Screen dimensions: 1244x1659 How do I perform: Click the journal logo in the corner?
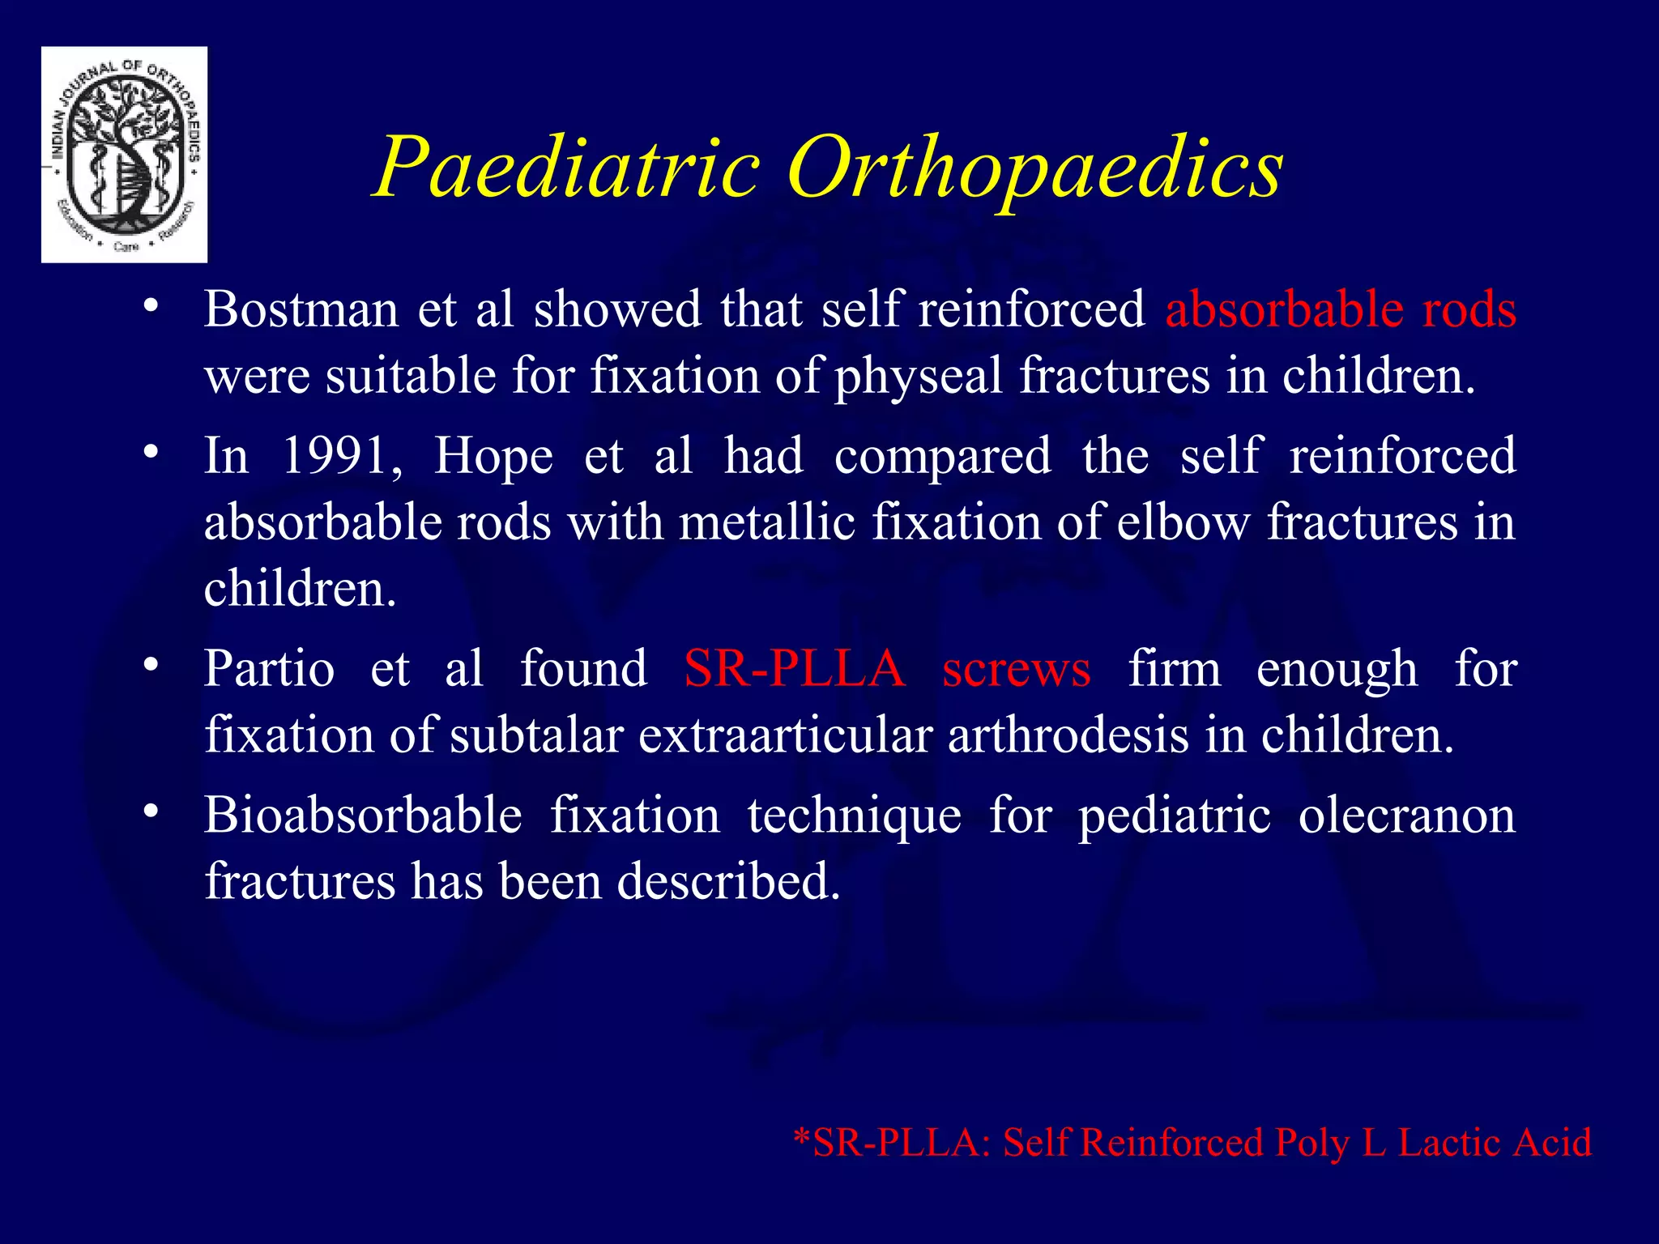[x=124, y=155]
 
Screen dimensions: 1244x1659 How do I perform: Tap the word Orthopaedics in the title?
[x=1034, y=168]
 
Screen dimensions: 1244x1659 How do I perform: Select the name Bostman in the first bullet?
[x=301, y=309]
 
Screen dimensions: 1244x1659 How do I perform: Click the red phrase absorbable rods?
[x=1341, y=309]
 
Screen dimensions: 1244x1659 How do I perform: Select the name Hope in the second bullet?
[x=493, y=456]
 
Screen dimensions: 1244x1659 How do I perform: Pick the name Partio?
[x=269, y=669]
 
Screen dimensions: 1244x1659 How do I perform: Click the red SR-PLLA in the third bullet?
[x=794, y=669]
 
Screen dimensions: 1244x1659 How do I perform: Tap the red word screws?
[x=1017, y=669]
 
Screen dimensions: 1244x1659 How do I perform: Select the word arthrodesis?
[x=1066, y=735]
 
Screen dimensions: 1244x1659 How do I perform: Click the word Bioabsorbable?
[x=363, y=816]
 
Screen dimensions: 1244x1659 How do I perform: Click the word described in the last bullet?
[x=728, y=882]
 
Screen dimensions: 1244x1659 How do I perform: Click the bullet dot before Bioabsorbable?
[x=150, y=811]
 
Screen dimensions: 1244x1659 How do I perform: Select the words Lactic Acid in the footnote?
[x=1495, y=1143]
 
